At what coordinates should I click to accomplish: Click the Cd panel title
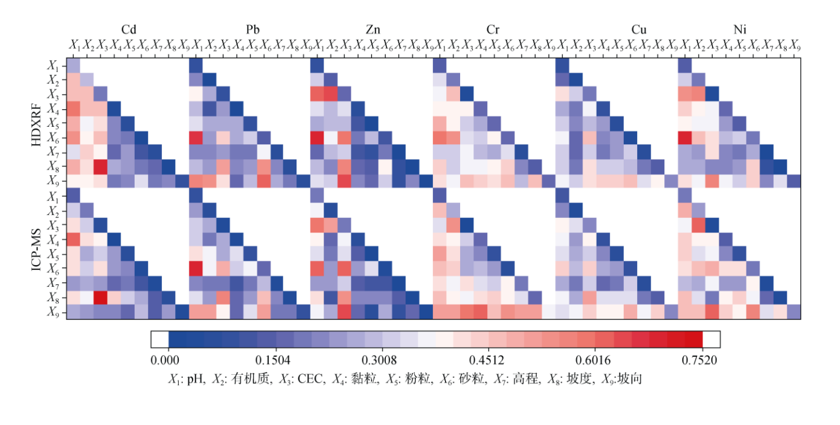pos(128,30)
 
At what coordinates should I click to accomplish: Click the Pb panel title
pos(253,30)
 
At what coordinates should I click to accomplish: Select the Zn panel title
pos(373,30)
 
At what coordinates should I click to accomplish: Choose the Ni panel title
pos(740,30)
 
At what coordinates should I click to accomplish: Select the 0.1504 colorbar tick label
pos(275,361)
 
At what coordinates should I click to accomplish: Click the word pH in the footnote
pos(195,379)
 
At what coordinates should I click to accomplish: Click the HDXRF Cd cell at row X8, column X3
pos(100,167)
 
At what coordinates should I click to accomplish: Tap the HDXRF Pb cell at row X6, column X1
pos(196,138)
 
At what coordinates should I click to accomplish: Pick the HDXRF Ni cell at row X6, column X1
pos(685,138)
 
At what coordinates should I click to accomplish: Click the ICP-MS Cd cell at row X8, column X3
pos(100,297)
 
